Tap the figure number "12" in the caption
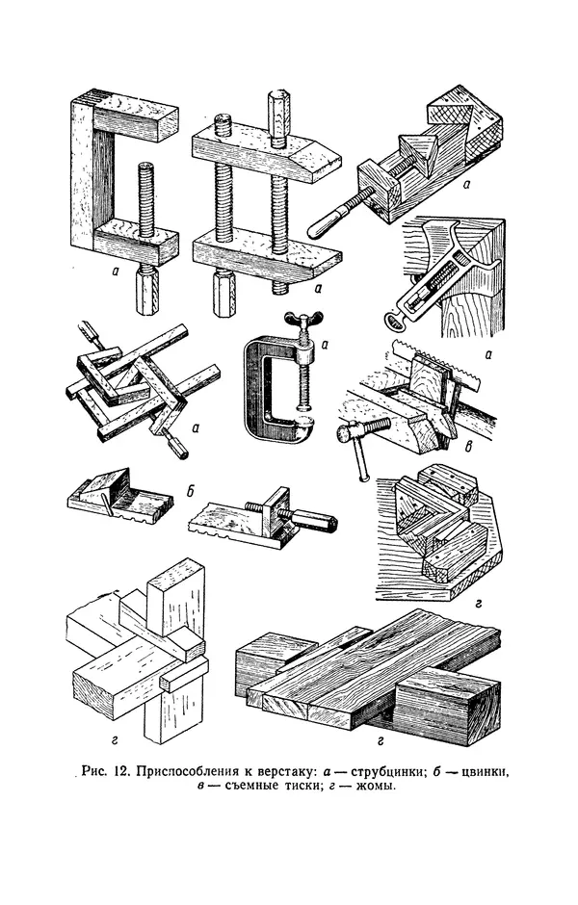click(x=119, y=772)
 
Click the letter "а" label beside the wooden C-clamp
click(x=116, y=271)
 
